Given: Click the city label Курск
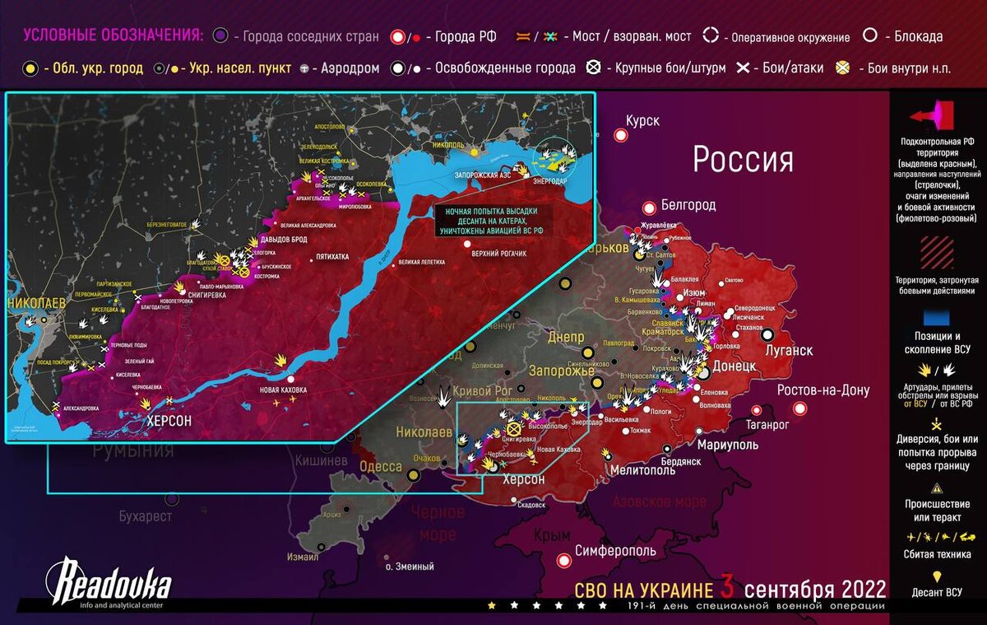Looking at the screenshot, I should tap(642, 121).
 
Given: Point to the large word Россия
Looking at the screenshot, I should tap(743, 159).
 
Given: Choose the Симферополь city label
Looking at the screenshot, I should tap(614, 550).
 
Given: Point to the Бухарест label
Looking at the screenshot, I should tap(145, 516).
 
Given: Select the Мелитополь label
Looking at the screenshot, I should tap(643, 470).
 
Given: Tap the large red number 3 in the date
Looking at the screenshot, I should tap(727, 589).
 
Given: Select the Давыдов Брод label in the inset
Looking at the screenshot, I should tap(284, 240).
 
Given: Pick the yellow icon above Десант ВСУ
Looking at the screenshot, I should tap(937, 576).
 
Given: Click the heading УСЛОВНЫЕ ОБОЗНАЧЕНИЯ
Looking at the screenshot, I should tap(113, 35).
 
